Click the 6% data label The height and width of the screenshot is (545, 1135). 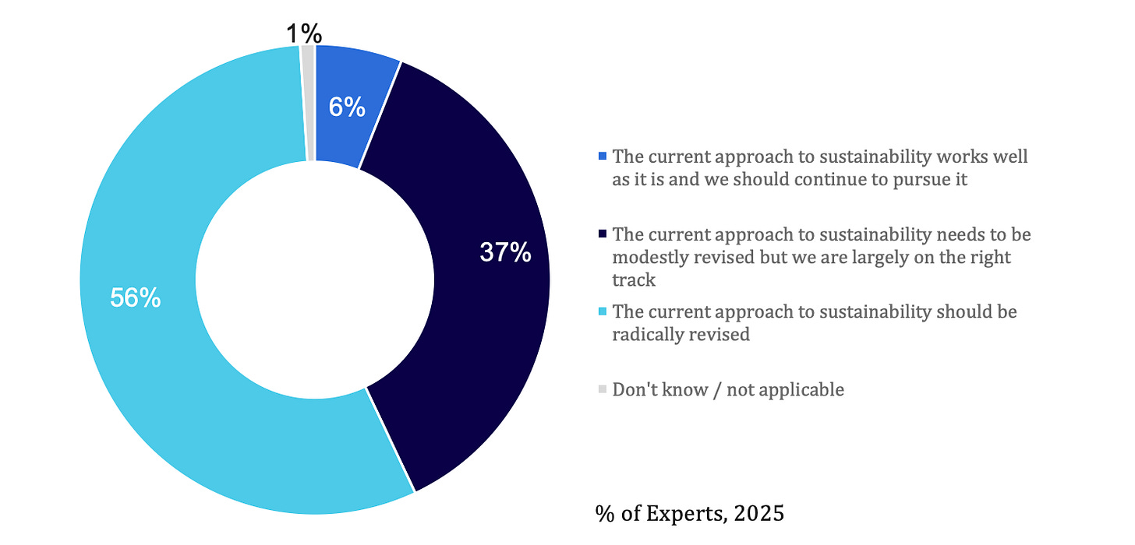(x=347, y=107)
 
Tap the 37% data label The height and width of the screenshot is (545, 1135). (x=505, y=252)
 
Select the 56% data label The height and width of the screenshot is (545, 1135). (x=135, y=298)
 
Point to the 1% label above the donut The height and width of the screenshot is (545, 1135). (x=302, y=33)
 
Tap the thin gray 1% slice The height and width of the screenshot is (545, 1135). (x=308, y=102)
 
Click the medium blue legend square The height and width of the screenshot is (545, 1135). (x=602, y=156)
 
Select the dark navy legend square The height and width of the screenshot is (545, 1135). (x=602, y=234)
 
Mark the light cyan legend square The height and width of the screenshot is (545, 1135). (x=602, y=312)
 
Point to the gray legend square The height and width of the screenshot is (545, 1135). (x=602, y=389)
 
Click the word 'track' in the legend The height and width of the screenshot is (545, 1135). (x=635, y=280)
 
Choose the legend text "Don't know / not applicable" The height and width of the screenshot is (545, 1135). (x=728, y=389)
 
